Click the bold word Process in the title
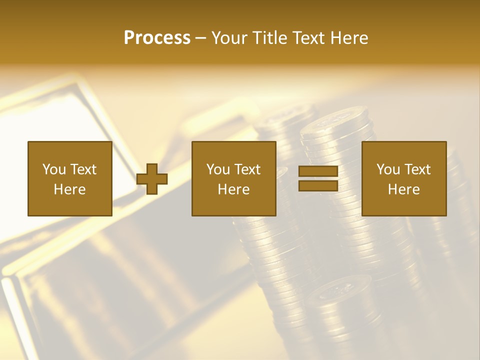click(157, 38)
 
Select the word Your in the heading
click(228, 38)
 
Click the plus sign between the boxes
click(152, 178)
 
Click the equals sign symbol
click(318, 178)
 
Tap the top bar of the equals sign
click(318, 171)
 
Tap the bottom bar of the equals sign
click(318, 185)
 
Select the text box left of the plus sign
click(69, 178)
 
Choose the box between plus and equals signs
click(233, 178)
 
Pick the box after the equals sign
click(403, 178)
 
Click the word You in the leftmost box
click(53, 169)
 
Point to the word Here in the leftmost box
click(69, 189)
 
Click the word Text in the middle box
click(247, 169)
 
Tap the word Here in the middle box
click(233, 189)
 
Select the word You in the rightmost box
click(387, 169)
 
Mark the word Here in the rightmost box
click(403, 189)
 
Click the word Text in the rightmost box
click(417, 169)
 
